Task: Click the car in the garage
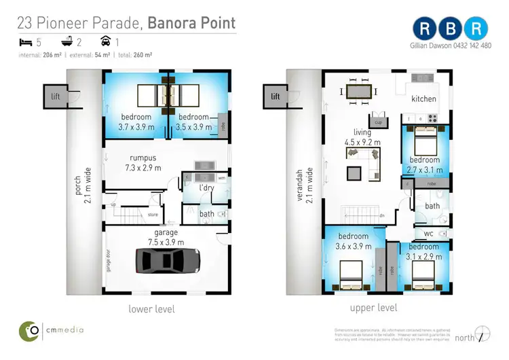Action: (x=167, y=261)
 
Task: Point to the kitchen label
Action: (x=424, y=99)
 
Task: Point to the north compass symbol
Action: (x=483, y=336)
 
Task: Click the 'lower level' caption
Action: (x=151, y=309)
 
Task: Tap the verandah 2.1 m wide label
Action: (x=301, y=183)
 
